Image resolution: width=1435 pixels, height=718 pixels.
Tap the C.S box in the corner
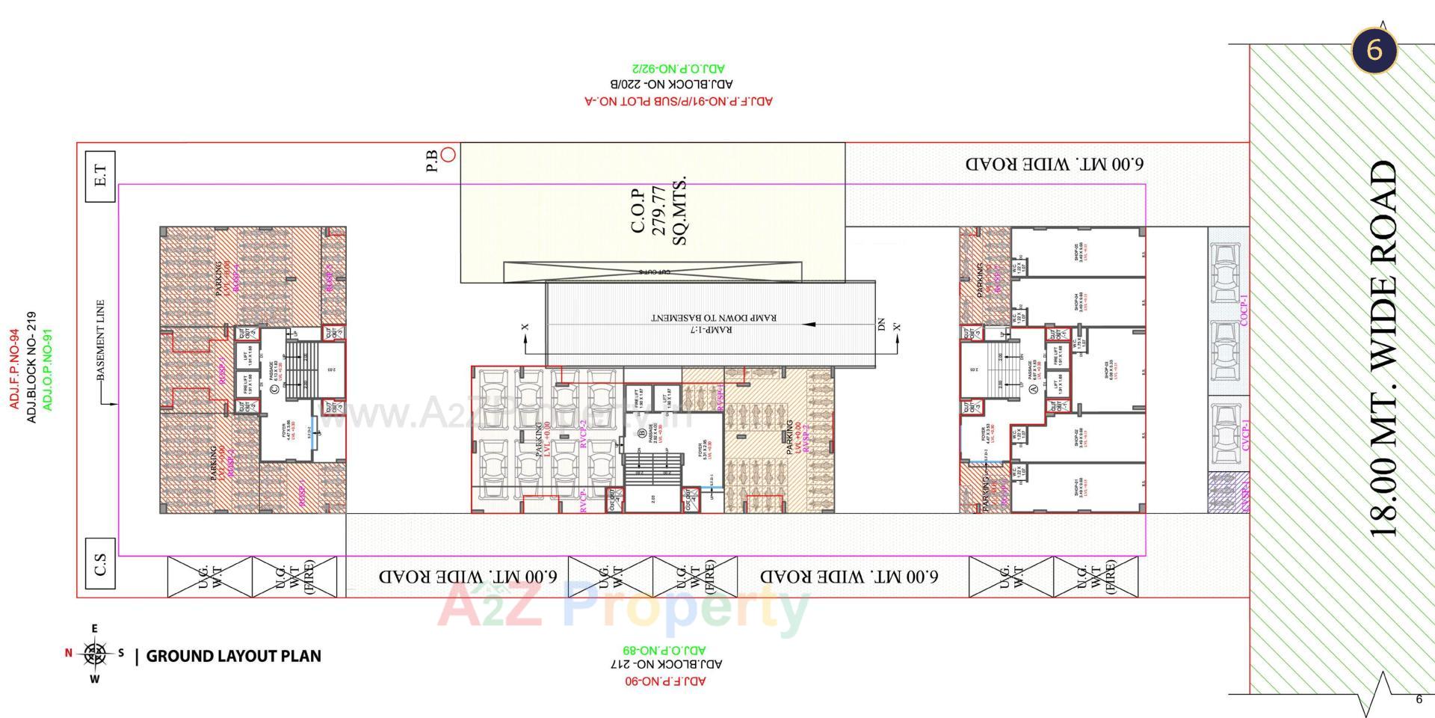100,563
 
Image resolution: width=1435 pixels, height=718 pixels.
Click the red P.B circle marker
448,155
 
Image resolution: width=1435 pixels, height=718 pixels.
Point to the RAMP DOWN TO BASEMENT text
714,317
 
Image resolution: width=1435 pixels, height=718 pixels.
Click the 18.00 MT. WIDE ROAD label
1383,349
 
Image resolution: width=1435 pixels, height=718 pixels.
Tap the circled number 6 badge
1374,50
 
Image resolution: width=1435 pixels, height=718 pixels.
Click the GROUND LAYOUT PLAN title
233,657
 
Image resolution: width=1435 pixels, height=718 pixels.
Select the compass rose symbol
94,654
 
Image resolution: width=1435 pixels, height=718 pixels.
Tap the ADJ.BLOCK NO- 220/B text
672,85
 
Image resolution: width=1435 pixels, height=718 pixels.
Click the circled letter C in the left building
274,388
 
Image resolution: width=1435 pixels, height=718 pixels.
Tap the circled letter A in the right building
1034,389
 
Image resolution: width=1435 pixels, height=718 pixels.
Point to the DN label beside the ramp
881,325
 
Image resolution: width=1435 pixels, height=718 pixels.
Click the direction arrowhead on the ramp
808,325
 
